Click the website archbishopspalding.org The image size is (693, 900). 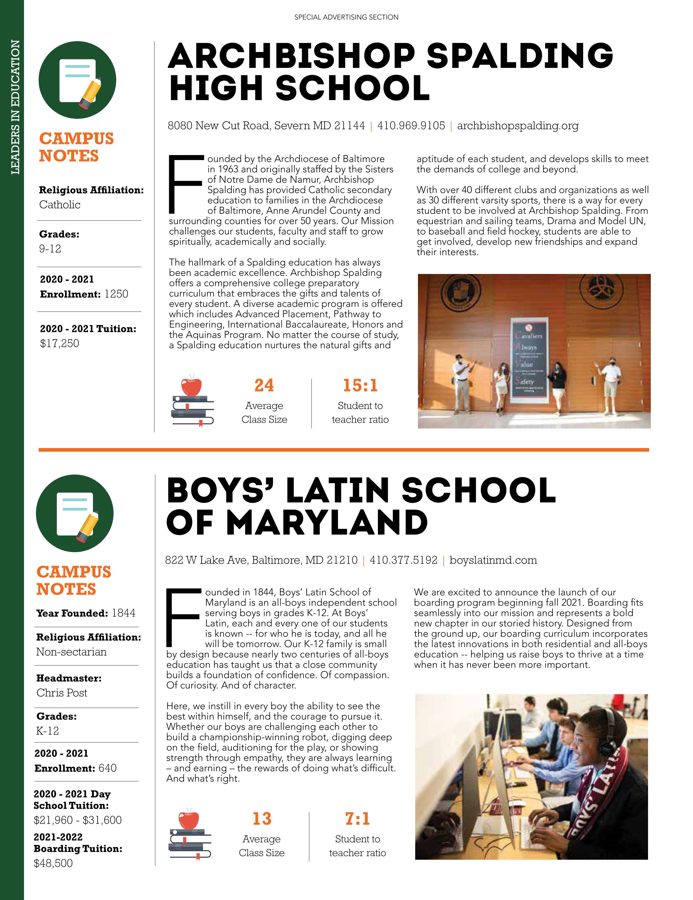tap(518, 126)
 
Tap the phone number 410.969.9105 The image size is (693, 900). tap(411, 126)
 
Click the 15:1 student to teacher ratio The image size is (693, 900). tap(360, 385)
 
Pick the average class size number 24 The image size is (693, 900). tap(264, 385)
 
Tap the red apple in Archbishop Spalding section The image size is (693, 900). tap(191, 386)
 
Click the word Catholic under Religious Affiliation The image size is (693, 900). tap(60, 205)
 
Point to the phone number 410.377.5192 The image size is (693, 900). tap(403, 560)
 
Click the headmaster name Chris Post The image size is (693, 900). tap(62, 693)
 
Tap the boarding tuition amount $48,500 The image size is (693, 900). tap(53, 863)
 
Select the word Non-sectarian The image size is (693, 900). tap(71, 652)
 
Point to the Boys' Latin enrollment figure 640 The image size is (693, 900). tap(108, 768)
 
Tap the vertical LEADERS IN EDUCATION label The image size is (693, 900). tap(15, 107)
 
